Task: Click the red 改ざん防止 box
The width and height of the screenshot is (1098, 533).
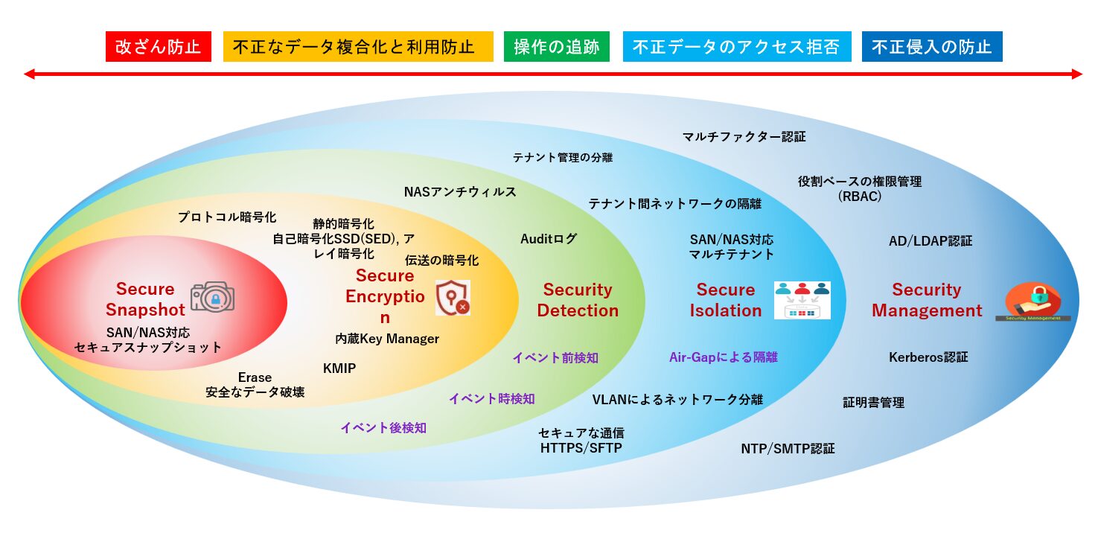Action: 159,46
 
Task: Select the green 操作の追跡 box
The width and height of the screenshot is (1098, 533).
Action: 556,46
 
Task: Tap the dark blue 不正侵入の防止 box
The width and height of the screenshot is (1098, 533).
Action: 931,46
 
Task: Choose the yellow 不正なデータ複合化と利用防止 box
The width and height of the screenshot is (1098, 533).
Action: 358,46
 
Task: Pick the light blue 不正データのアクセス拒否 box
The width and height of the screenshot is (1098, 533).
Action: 735,46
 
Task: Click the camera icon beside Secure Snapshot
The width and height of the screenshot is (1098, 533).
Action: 212,297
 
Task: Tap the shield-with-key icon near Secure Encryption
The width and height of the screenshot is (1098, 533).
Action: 453,298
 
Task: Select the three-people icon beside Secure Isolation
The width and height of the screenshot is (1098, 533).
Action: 802,299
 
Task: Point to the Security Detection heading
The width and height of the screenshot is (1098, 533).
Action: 578,300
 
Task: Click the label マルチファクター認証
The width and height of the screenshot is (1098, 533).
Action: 744,137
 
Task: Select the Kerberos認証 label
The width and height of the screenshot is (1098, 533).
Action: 928,357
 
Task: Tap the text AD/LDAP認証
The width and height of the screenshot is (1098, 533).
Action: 931,241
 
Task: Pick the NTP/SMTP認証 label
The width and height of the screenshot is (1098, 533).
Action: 788,449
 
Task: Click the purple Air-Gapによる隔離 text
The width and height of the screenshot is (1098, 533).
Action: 723,357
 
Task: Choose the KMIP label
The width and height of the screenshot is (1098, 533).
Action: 339,368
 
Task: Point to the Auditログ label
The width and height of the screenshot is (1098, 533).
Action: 549,239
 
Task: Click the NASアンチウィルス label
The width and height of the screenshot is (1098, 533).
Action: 460,192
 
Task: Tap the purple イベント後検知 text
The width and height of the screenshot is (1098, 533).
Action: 383,427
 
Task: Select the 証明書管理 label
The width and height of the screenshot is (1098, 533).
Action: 873,403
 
